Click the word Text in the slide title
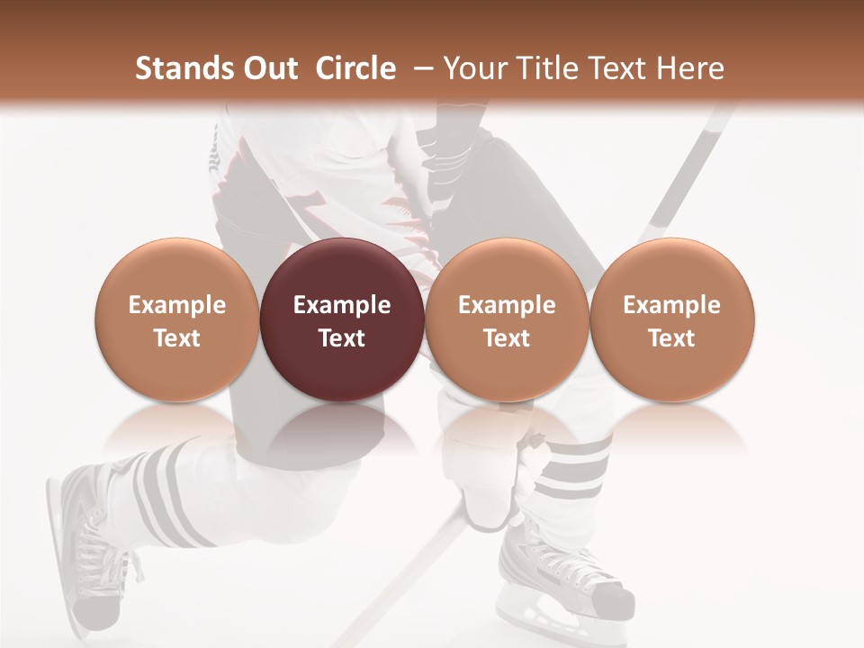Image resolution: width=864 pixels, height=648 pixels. point(620,68)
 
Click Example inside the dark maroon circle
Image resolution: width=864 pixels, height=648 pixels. point(342,305)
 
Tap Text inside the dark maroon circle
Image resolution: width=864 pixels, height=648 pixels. point(342,338)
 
